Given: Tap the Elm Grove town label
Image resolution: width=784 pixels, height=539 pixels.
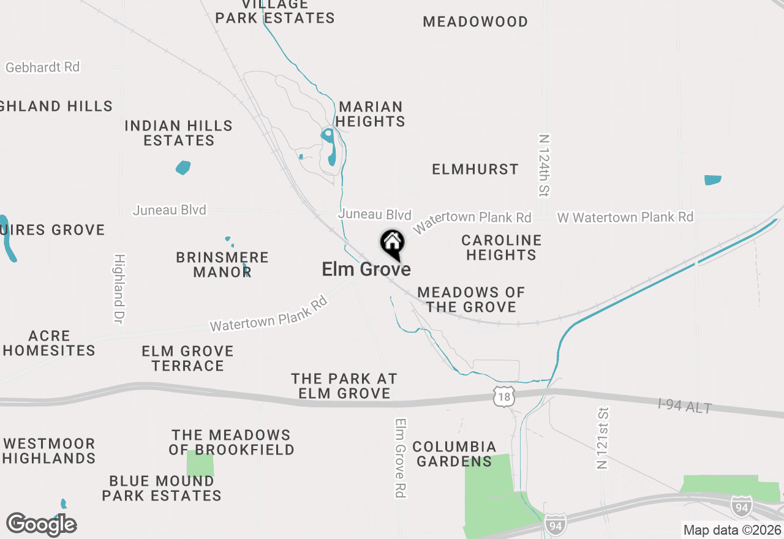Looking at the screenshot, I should point(366,269).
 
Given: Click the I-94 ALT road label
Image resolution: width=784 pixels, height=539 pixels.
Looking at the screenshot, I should point(685,405).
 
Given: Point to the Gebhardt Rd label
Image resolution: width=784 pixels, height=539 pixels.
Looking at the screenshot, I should point(43,67).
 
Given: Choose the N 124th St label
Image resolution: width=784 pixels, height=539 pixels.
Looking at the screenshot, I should point(544,165).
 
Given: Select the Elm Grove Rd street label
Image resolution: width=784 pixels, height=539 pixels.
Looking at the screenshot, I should point(401,458).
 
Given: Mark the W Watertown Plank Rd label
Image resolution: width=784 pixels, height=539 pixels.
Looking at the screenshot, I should point(625,217).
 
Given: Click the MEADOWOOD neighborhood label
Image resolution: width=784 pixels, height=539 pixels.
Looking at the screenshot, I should point(475,22).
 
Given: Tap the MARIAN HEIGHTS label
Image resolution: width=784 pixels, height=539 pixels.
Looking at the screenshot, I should point(371,114).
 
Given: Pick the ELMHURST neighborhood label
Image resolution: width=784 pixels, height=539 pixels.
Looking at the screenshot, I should point(475,170).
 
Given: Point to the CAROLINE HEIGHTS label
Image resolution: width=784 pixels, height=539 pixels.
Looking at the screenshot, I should point(502,247).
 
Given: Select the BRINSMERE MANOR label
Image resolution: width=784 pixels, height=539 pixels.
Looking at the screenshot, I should point(222,265).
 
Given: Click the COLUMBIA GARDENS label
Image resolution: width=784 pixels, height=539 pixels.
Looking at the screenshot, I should point(454,454).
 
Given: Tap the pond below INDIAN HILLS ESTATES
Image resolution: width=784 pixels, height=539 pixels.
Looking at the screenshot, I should point(183,167).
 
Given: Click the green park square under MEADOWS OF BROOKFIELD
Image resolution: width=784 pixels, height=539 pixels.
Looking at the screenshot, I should point(200,464).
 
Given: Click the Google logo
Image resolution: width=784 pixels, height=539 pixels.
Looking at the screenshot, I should point(41,525).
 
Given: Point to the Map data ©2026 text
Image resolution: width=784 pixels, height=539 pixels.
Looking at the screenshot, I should point(732,530).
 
